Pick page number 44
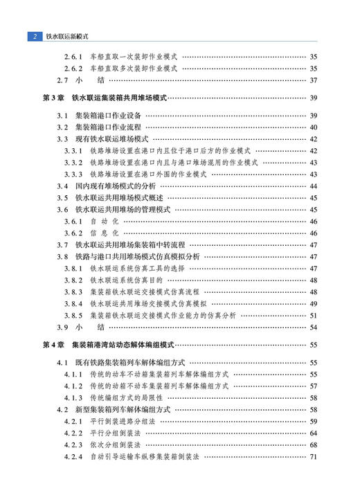click(x=313, y=186)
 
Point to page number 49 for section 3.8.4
click(x=313, y=303)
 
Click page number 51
click(x=313, y=315)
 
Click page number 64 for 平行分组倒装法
click(x=313, y=433)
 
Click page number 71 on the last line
click(x=313, y=456)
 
